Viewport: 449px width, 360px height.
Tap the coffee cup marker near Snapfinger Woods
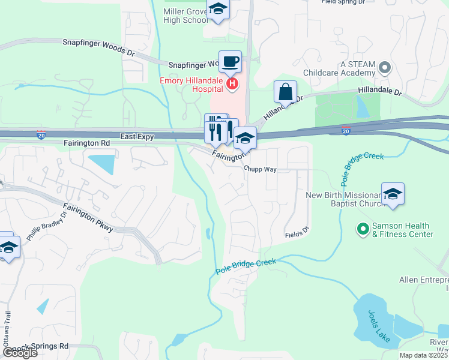230,61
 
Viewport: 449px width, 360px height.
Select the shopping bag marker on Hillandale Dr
286,92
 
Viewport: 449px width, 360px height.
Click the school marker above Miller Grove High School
217,10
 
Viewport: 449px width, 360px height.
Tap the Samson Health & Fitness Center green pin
363,229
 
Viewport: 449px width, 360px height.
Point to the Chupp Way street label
260,170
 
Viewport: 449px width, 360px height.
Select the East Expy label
137,137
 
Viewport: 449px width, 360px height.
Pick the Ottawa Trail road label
7,326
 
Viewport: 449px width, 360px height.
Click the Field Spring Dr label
343,2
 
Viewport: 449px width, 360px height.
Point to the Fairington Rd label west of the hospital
87,144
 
